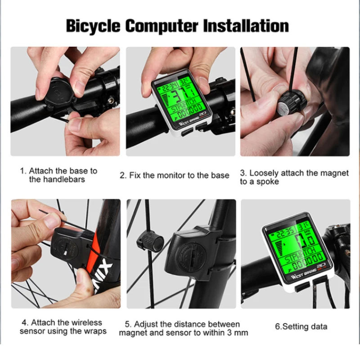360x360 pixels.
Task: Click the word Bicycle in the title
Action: tap(93, 26)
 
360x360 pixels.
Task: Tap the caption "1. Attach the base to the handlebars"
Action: tap(58, 175)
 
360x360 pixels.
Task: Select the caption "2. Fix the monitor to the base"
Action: tap(175, 175)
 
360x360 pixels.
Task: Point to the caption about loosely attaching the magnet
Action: tap(294, 177)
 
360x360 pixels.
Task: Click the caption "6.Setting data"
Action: tap(301, 327)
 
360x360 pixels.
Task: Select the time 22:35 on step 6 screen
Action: tap(286, 233)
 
